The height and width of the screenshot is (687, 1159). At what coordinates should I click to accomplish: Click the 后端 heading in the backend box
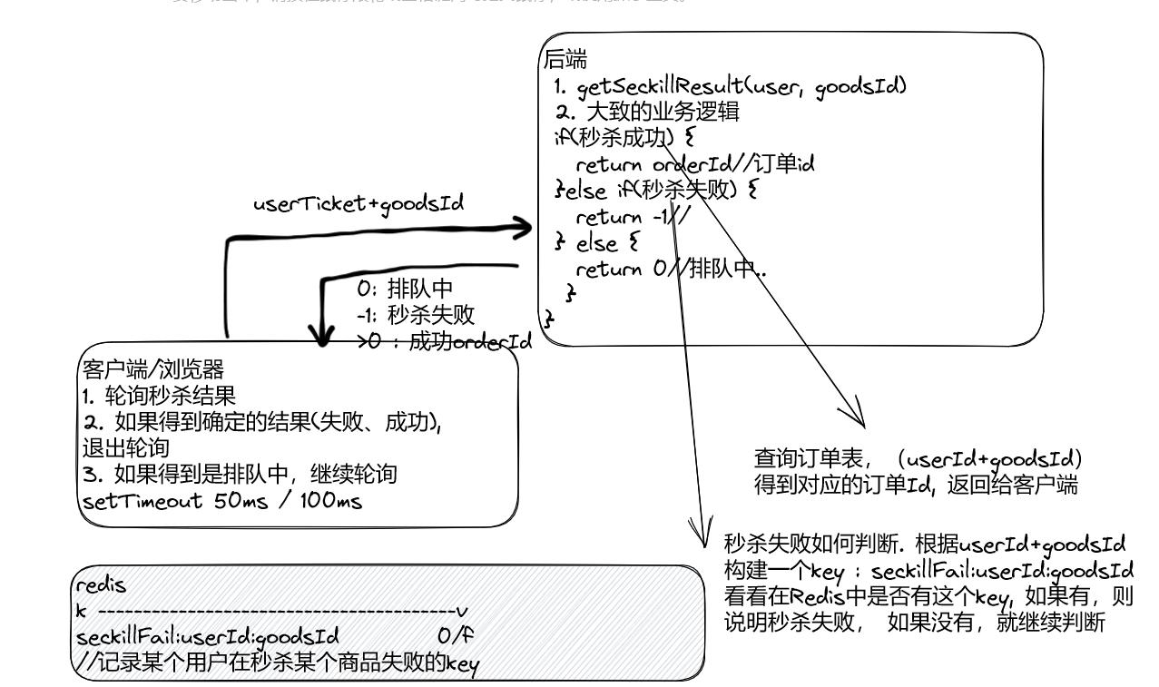click(565, 62)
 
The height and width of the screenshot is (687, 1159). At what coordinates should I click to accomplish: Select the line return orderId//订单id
click(695, 165)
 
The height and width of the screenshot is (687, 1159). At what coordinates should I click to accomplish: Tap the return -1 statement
click(633, 218)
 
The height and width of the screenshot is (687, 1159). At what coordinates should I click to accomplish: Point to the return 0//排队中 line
click(671, 270)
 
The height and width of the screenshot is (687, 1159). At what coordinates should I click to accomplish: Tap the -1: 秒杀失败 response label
click(415, 314)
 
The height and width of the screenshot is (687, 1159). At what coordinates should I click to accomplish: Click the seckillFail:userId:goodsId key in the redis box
click(211, 634)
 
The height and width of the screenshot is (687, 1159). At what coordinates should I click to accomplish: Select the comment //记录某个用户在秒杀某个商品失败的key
click(277, 661)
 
